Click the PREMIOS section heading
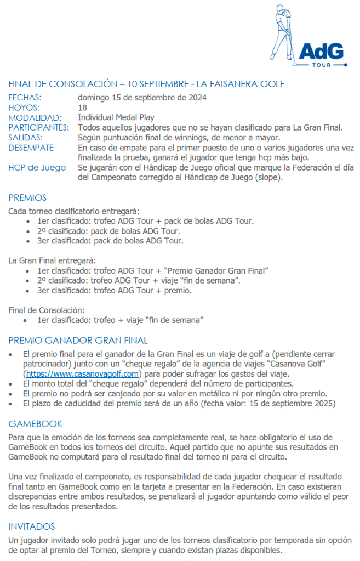[27, 198]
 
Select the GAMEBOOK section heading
[35, 424]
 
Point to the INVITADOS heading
[32, 526]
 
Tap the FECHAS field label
[25, 98]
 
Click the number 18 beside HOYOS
[82, 107]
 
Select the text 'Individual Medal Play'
[116, 117]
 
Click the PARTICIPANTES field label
[38, 128]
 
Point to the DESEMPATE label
[31, 148]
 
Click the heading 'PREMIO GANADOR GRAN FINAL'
[78, 341]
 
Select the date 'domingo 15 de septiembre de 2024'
[141, 98]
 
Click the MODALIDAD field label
[35, 117]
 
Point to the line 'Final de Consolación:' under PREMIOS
[47, 310]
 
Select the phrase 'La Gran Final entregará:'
[52, 260]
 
